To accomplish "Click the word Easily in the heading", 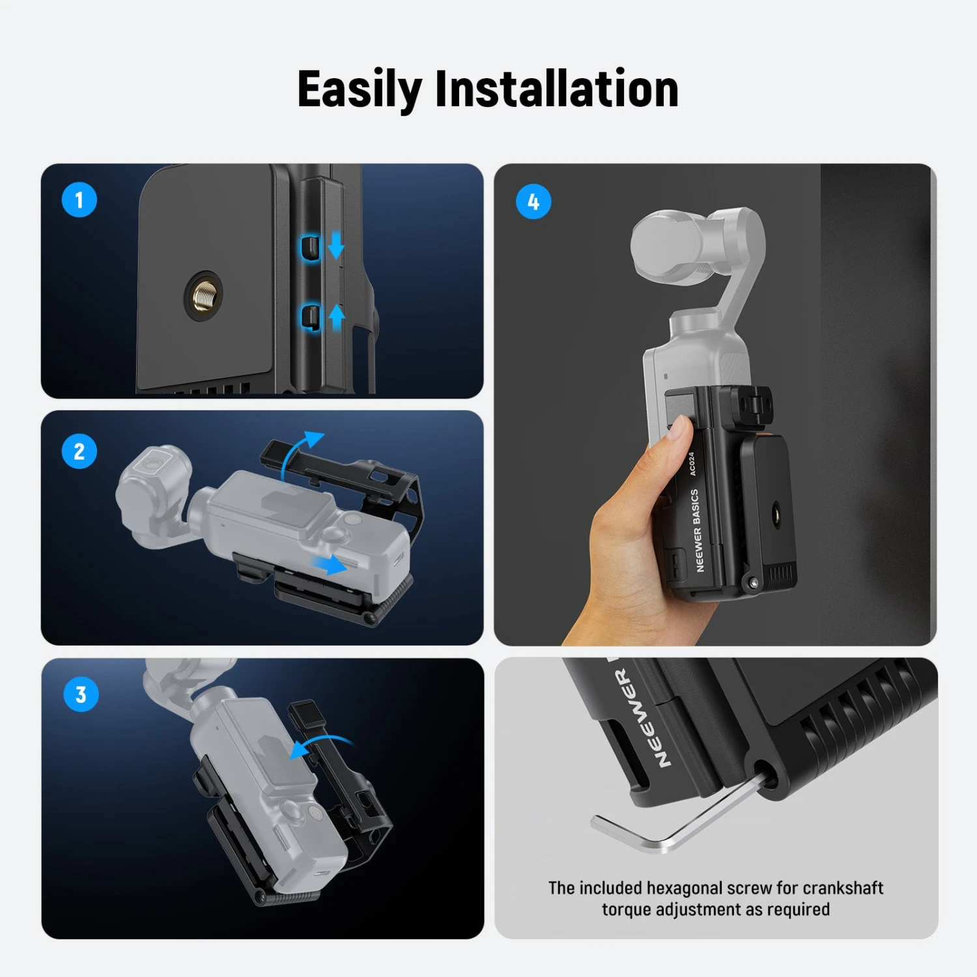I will (360, 90).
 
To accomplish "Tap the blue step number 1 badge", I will (79, 200).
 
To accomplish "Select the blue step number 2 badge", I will (79, 451).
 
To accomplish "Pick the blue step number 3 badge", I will (81, 694).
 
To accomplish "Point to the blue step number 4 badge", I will (533, 202).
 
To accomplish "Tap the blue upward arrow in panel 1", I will (336, 317).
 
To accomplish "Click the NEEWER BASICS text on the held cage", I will (697, 530).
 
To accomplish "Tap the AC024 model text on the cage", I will (692, 463).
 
